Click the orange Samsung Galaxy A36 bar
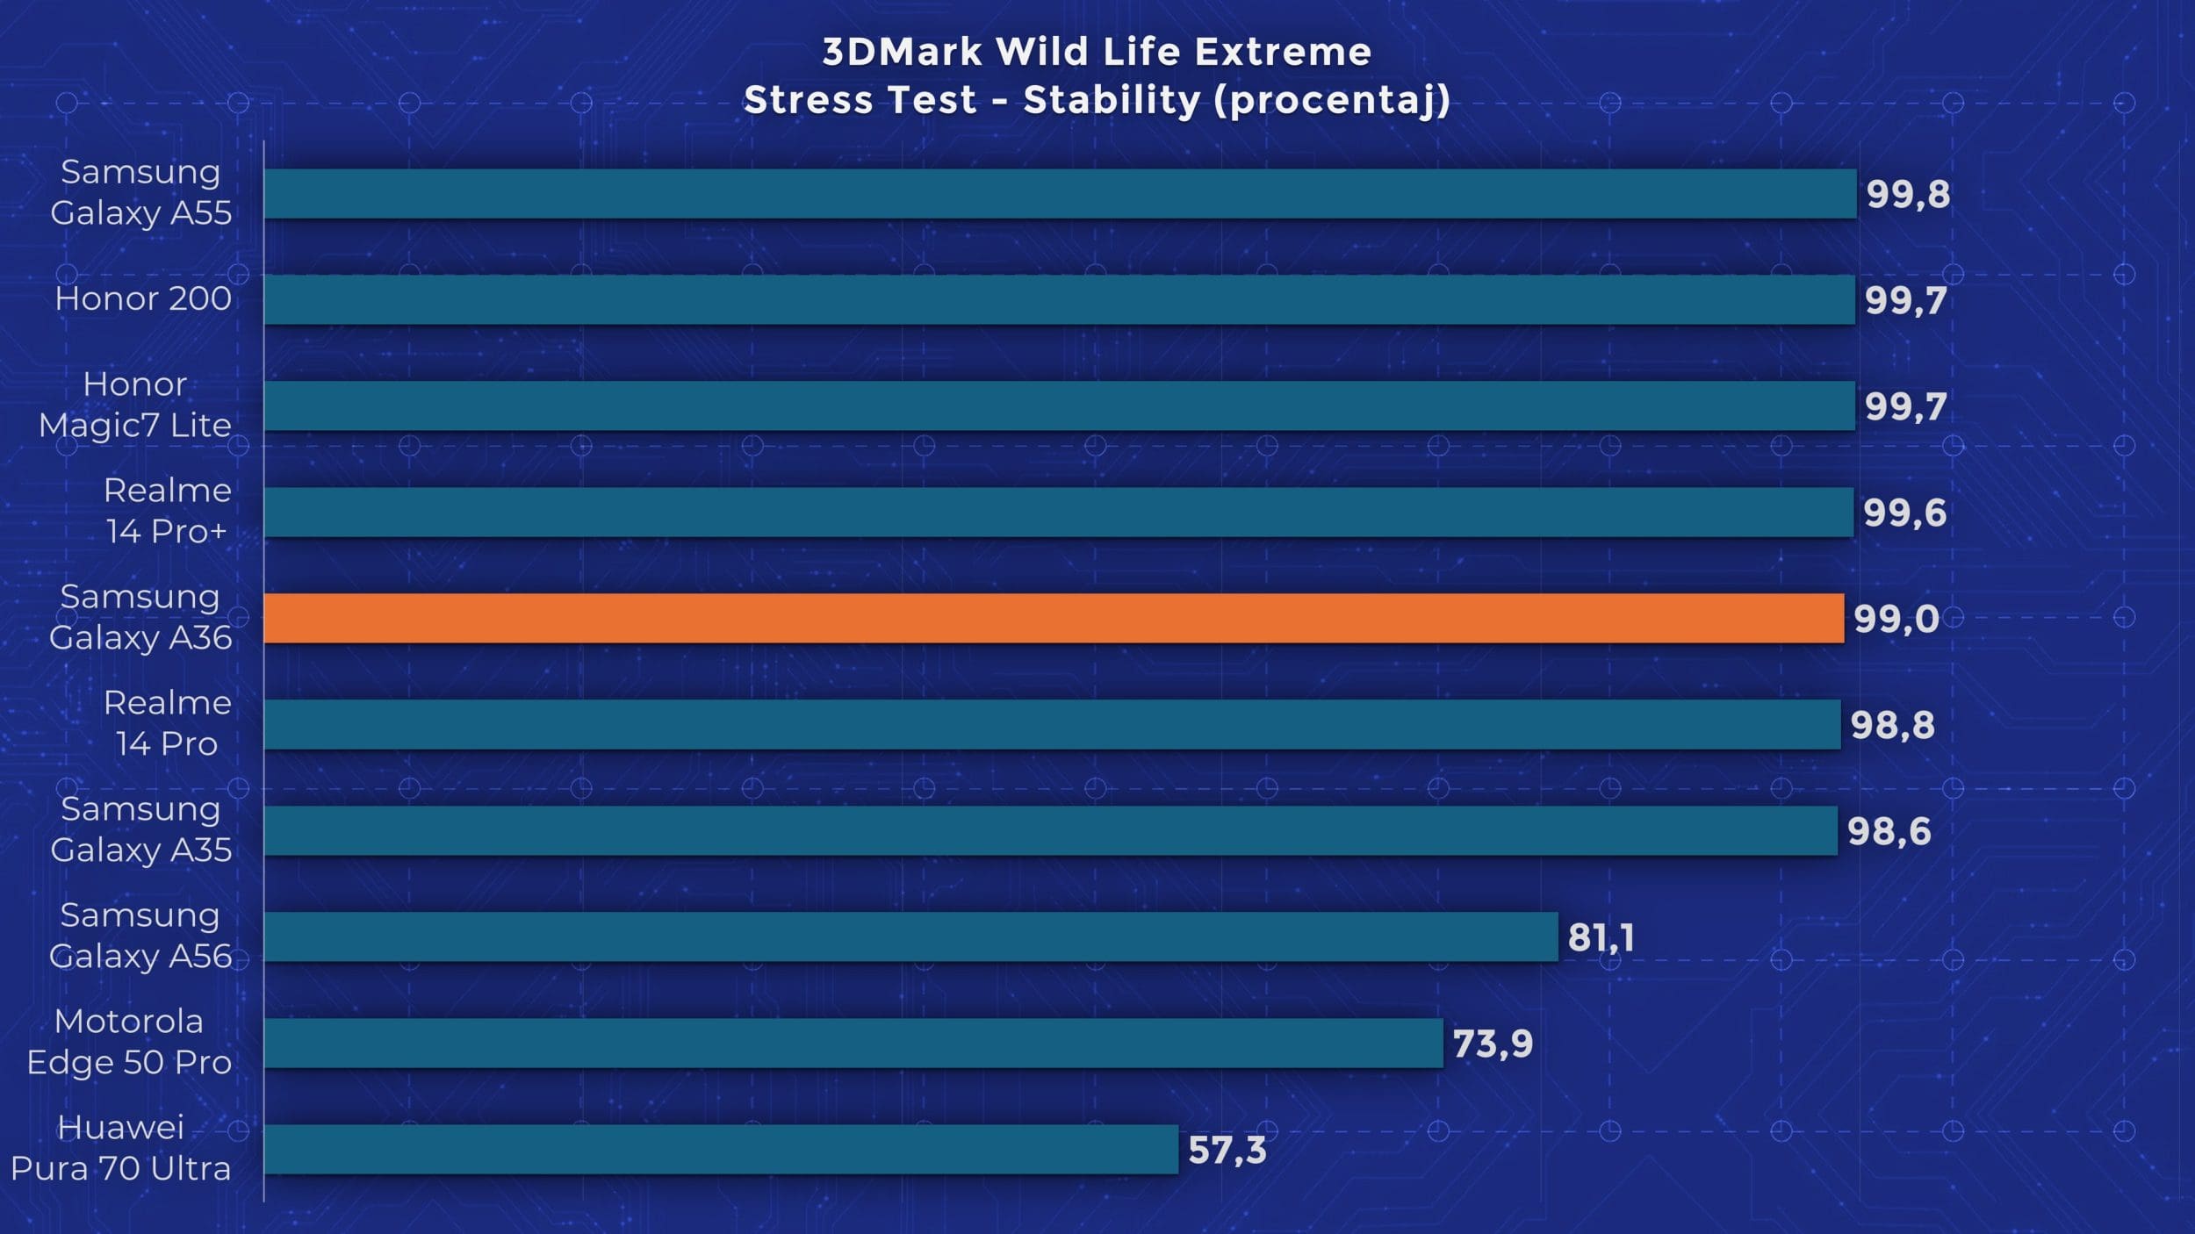click(1054, 618)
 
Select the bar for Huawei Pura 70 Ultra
click(720, 1149)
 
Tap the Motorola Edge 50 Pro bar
click(852, 1043)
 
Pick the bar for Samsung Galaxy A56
click(910, 936)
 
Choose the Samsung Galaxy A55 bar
click(1060, 193)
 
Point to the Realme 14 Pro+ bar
click(1058, 512)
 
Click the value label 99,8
click(1908, 194)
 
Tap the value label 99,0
click(1896, 619)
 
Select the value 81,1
click(1601, 937)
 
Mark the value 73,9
click(1493, 1044)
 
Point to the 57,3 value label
click(1227, 1150)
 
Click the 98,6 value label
click(1889, 831)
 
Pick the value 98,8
click(1892, 725)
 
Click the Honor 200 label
click(143, 299)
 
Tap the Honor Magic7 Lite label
click(135, 405)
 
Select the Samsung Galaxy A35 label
click(140, 829)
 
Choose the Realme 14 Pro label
click(167, 723)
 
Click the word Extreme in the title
click(1283, 52)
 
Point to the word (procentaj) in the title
click(1332, 100)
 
